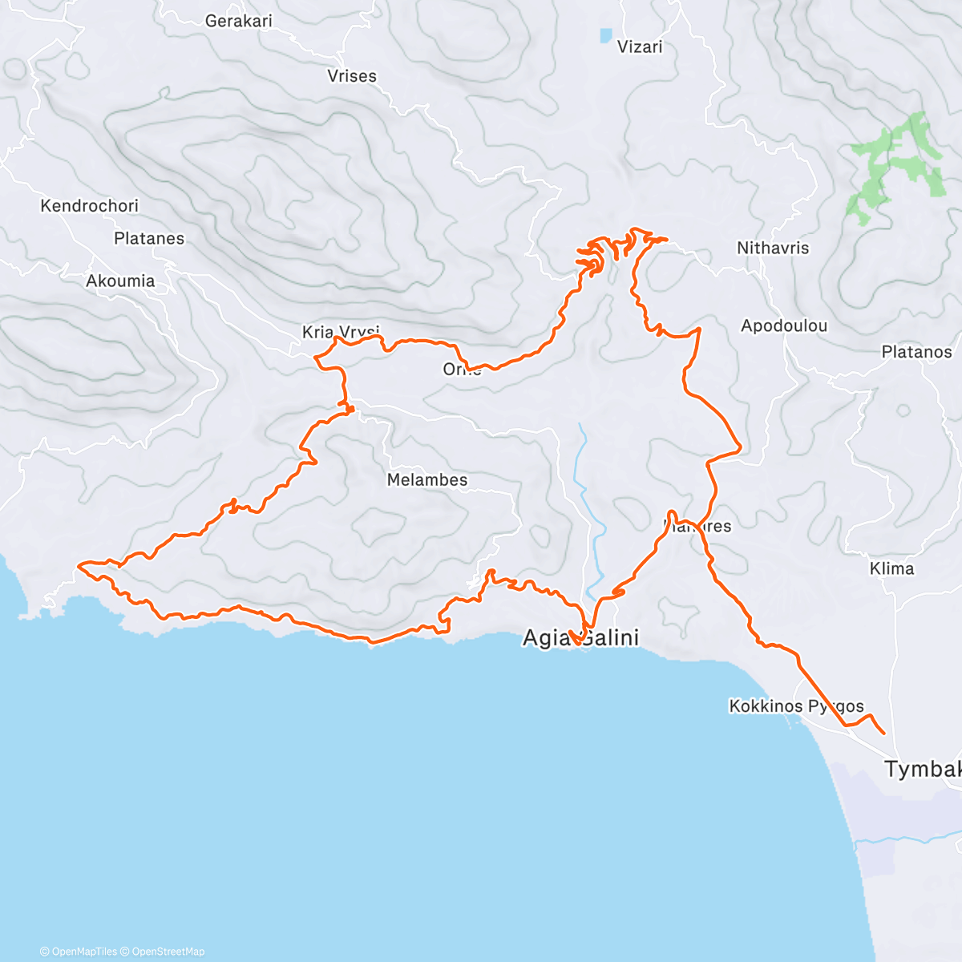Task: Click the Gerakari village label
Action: [x=238, y=21]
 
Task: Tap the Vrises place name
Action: [x=351, y=76]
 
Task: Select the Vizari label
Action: [x=640, y=47]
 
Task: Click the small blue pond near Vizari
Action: [x=605, y=35]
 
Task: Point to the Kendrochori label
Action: [x=89, y=206]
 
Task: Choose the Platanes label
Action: [x=149, y=239]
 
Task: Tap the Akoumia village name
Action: [x=120, y=281]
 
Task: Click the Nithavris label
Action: [x=773, y=249]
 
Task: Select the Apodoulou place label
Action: [x=783, y=326]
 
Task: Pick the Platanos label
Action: [x=916, y=352]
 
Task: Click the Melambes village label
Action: [x=427, y=480]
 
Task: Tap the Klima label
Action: [x=891, y=568]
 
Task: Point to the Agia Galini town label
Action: [x=580, y=638]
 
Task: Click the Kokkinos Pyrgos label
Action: [x=796, y=706]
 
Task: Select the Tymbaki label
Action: [x=922, y=770]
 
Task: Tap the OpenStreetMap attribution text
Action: [x=168, y=952]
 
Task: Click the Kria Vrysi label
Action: [x=340, y=332]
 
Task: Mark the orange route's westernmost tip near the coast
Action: [x=79, y=566]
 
